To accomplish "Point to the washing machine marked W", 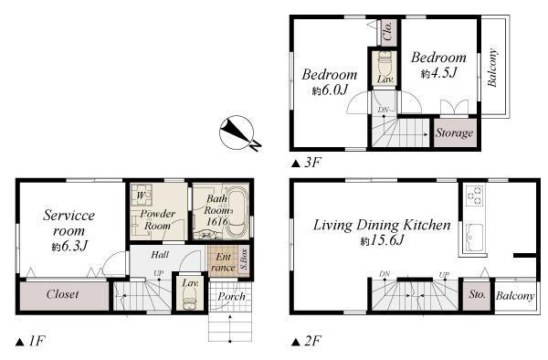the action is [x=142, y=195].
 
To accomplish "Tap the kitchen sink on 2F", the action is [x=475, y=238].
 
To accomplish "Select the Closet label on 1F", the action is [x=62, y=294].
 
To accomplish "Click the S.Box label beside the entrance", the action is [x=244, y=259].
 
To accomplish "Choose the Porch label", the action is [x=231, y=296].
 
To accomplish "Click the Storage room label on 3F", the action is [x=454, y=132].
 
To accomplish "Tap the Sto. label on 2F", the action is [x=477, y=294].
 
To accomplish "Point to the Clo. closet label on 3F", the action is [x=388, y=31].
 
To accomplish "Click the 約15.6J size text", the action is [x=383, y=240].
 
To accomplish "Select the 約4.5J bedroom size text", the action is [x=439, y=73].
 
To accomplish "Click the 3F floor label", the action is [x=306, y=163].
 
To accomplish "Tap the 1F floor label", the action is [x=31, y=341].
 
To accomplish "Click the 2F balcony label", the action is [x=515, y=296].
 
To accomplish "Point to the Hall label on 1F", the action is [x=160, y=254].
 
